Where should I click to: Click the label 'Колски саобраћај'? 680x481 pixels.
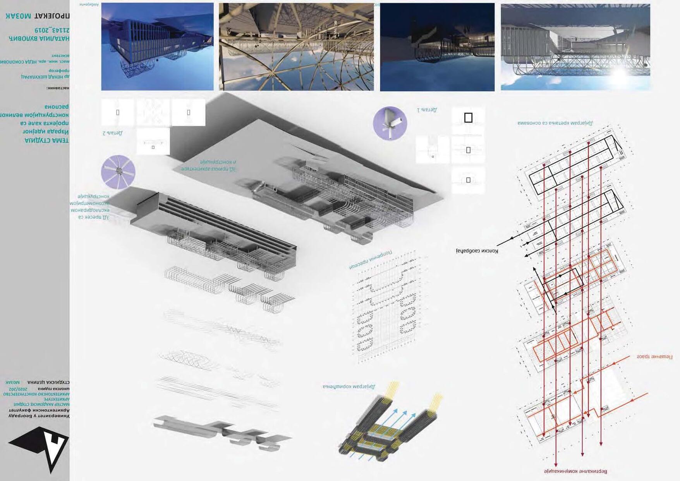pyautogui.click(x=477, y=251)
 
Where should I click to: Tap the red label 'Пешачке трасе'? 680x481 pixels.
pyautogui.click(x=654, y=357)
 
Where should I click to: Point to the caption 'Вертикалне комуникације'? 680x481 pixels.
pyautogui.click(x=575, y=471)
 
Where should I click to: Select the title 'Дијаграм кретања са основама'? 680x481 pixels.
pyautogui.click(x=555, y=123)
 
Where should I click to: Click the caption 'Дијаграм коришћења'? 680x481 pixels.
pyautogui.click(x=349, y=387)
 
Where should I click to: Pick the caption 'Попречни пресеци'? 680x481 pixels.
pyautogui.click(x=371, y=259)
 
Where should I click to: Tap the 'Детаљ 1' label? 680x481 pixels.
pyautogui.click(x=427, y=110)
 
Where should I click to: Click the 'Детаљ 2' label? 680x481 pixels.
pyautogui.click(x=113, y=133)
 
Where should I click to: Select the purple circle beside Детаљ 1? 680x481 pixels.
pyautogui.click(x=390, y=124)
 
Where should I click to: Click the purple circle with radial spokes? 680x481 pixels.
pyautogui.click(x=118, y=172)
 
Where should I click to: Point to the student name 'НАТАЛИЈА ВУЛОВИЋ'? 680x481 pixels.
pyautogui.click(x=39, y=38)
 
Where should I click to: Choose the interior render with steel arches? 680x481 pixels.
pyautogui.click(x=296, y=47)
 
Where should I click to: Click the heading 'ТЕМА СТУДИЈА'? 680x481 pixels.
pyautogui.click(x=46, y=140)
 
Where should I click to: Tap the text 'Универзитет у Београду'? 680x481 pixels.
pyautogui.click(x=39, y=416)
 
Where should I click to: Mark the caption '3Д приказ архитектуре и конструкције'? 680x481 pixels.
pyautogui.click(x=209, y=165)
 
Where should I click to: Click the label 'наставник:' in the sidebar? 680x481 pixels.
pyautogui.click(x=58, y=88)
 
